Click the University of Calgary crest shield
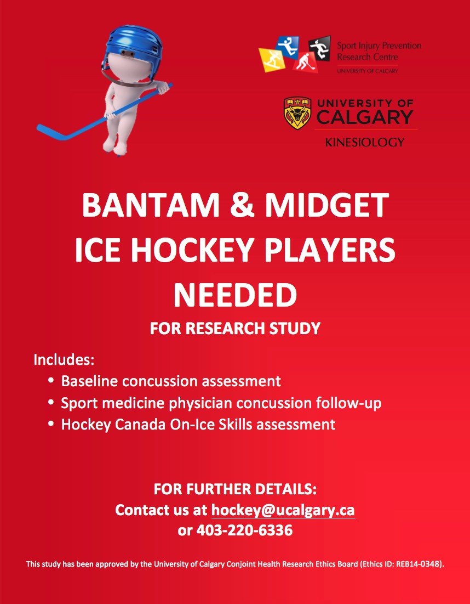[x=297, y=113]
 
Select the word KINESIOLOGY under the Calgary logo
[x=365, y=143]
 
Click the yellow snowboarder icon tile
[x=272, y=59]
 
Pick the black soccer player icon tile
[x=319, y=48]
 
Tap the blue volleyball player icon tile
[x=287, y=47]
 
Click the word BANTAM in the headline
[x=150, y=205]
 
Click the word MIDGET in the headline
[x=328, y=205]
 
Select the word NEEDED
[x=235, y=295]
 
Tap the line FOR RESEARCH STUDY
[x=235, y=328]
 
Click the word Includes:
[x=64, y=359]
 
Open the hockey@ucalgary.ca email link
[x=283, y=510]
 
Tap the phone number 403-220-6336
[x=245, y=530]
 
